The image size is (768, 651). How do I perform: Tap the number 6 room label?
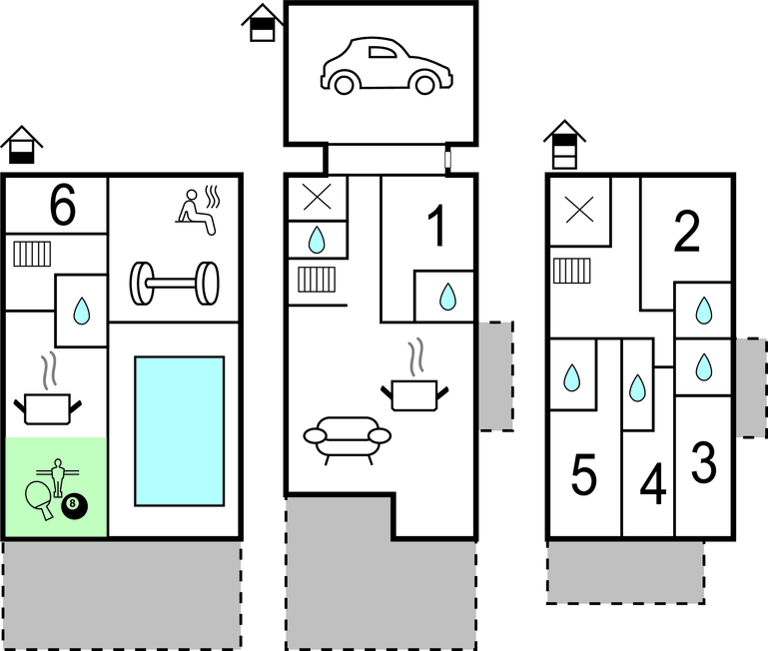(62, 206)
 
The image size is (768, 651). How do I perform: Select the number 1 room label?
(435, 226)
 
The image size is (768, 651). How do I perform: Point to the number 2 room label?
(686, 234)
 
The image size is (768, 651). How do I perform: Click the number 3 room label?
(704, 461)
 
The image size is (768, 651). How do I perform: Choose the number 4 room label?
(652, 486)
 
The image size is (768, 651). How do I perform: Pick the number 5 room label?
(585, 476)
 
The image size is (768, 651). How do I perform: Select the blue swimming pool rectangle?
(179, 430)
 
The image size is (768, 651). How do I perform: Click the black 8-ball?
(74, 506)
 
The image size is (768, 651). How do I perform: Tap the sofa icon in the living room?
(347, 438)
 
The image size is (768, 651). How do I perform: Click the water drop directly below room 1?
(446, 296)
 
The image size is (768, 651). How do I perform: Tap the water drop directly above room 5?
(572, 378)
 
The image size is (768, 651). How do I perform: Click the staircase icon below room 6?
(32, 254)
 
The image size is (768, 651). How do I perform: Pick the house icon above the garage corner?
(261, 22)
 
